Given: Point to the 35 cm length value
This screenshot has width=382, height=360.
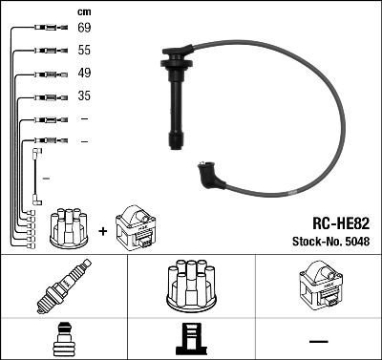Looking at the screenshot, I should [83, 96].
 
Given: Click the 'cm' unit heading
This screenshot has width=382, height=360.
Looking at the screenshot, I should [83, 11].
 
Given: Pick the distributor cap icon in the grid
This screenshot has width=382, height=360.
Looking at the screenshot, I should [190, 286].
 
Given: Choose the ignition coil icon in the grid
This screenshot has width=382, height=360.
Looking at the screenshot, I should [317, 286].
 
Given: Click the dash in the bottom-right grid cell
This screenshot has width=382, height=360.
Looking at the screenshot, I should [317, 341].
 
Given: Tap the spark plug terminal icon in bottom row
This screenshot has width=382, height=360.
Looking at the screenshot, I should [63, 340].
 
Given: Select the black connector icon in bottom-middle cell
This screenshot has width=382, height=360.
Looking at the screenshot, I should [190, 340].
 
